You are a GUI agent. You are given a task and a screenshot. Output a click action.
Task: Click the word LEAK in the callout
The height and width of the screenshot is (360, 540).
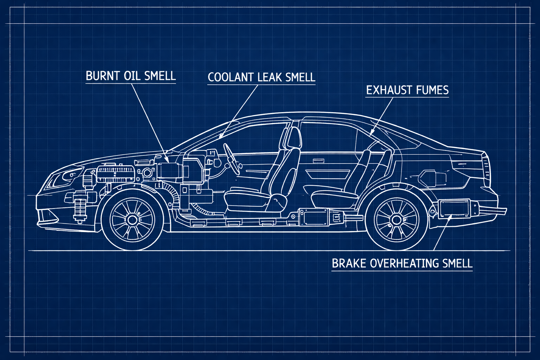(x=269, y=77)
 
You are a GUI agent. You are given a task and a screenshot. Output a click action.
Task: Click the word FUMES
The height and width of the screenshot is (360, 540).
(x=432, y=90)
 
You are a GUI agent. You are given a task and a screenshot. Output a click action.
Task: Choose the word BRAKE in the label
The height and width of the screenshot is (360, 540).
(x=349, y=263)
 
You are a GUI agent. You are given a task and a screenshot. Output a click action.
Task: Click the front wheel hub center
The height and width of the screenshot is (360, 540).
(x=132, y=220)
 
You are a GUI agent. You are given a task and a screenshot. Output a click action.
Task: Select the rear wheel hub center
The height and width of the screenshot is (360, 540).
(x=397, y=220)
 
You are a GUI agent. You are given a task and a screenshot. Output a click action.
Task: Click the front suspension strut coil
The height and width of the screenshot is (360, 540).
(x=80, y=207)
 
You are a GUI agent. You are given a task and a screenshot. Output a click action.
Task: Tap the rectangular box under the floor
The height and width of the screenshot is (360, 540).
(x=314, y=217)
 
